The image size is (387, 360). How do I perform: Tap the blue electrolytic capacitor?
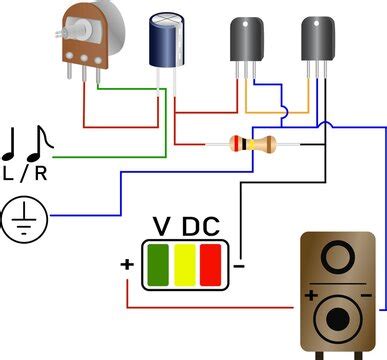166,39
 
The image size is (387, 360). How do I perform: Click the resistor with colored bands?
251,145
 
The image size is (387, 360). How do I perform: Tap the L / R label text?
24,173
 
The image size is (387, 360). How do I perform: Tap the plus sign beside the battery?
127,265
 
